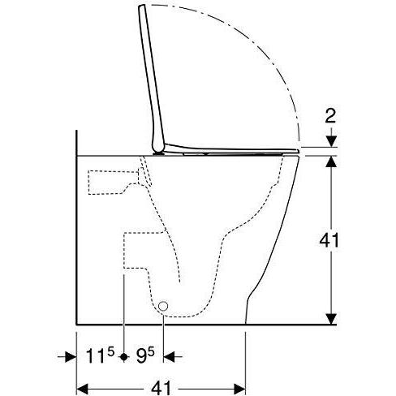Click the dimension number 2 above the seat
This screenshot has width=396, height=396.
click(x=330, y=117)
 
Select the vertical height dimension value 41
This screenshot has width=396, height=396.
click(x=329, y=240)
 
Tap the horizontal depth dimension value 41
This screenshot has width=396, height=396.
click(x=161, y=388)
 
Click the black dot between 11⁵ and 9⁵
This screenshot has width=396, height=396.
click(x=124, y=357)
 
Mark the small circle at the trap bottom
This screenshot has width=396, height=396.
click(x=163, y=306)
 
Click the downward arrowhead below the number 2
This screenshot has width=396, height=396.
click(x=331, y=141)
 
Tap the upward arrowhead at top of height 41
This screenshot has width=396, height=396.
click(x=331, y=161)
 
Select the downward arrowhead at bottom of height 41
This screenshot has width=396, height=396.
click(x=331, y=318)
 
